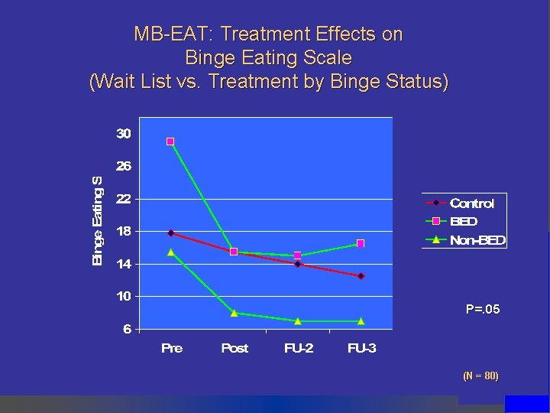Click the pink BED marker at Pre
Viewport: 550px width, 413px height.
(x=170, y=141)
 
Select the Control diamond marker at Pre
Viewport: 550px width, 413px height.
(x=170, y=233)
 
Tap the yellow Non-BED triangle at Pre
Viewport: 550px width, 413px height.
(x=170, y=252)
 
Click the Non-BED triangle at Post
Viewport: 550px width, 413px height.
(x=234, y=312)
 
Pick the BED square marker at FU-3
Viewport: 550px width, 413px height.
(x=361, y=243)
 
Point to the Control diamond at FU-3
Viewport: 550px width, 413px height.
(x=361, y=276)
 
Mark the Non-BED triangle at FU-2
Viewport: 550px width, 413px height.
(x=297, y=320)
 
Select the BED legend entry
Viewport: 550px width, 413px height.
(x=463, y=222)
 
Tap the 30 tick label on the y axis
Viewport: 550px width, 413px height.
(x=124, y=134)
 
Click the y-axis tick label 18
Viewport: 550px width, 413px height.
(x=124, y=231)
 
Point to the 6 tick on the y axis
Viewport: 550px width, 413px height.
(x=127, y=329)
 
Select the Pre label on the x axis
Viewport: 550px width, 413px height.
(x=172, y=348)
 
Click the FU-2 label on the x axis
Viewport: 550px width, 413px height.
(x=298, y=348)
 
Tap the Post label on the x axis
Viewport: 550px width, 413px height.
(x=235, y=348)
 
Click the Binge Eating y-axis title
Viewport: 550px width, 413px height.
(x=97, y=221)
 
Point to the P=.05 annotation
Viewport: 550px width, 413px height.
(x=482, y=310)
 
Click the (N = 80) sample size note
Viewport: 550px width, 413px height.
(x=480, y=376)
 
